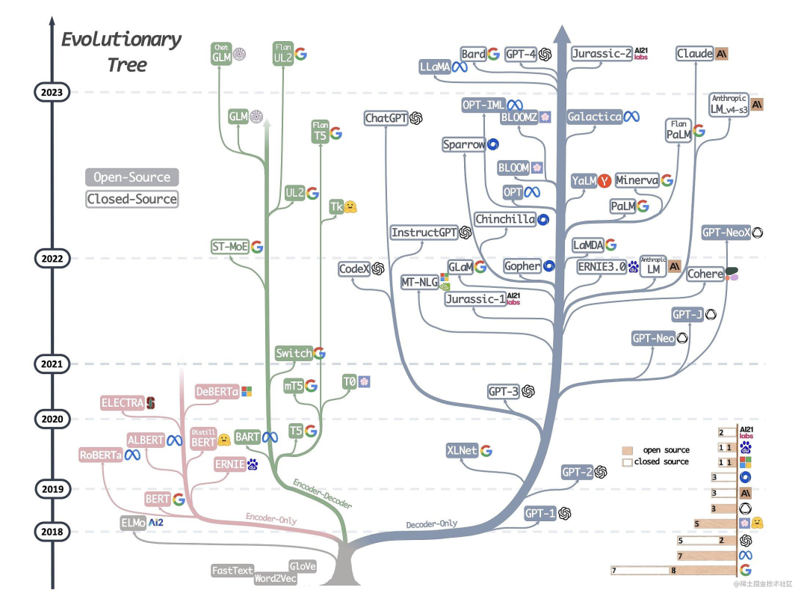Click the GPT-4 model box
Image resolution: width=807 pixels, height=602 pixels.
519,54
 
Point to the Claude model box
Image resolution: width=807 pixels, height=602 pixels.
694,54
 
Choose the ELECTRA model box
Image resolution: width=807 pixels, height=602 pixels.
121,403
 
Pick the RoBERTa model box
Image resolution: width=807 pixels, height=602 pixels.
101,455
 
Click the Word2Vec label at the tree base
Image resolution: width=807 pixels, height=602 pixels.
275,579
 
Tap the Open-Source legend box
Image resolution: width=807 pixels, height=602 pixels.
132,178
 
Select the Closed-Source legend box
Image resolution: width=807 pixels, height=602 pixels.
132,199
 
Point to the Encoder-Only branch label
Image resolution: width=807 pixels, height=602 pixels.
270,517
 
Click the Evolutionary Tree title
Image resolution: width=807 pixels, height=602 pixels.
121,51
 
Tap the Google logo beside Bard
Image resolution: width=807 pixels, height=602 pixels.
493,54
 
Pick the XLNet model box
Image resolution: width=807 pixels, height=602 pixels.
462,451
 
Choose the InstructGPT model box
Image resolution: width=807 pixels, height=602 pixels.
424,233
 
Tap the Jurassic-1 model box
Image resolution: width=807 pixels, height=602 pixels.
474,299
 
